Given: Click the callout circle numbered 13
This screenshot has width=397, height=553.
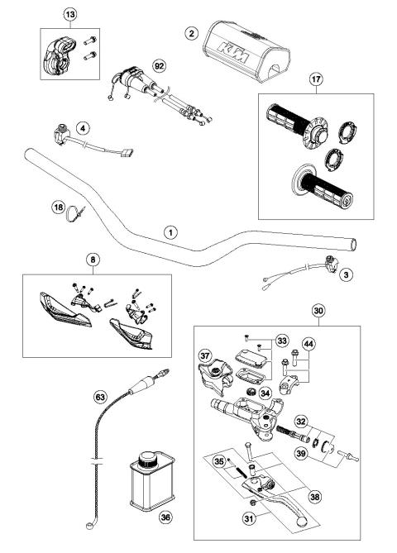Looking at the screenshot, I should pos(69,16).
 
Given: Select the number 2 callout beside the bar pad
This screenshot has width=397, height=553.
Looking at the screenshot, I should pos(191,33).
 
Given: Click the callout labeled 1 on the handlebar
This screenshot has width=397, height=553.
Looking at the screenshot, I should pos(169,233).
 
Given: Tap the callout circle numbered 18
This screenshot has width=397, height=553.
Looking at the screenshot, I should pos(58,209).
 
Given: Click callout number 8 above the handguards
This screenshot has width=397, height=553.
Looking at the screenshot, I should pos(91,260).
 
